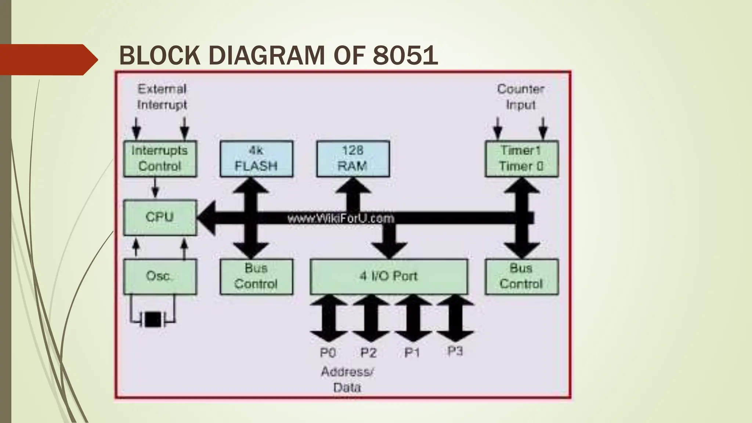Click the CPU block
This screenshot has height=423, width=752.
pyautogui.click(x=160, y=217)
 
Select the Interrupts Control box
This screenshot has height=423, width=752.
pyautogui.click(x=160, y=159)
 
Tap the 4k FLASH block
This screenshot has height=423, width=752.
pyautogui.click(x=256, y=159)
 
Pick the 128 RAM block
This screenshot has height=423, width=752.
pyautogui.click(x=353, y=159)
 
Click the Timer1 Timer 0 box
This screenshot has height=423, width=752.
pyautogui.click(x=521, y=159)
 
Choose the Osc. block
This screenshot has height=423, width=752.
pyautogui.click(x=160, y=276)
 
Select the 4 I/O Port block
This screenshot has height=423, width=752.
pyautogui.click(x=388, y=276)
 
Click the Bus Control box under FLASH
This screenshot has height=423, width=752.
pyautogui.click(x=256, y=276)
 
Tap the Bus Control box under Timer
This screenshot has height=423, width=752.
pyautogui.click(x=521, y=276)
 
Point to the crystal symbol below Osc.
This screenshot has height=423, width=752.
pyautogui.click(x=153, y=319)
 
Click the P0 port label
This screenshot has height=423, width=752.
pyautogui.click(x=328, y=353)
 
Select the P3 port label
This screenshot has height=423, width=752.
pyautogui.click(x=455, y=351)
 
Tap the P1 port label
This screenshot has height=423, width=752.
pyautogui.click(x=412, y=353)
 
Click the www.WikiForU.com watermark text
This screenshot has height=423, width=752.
pyautogui.click(x=340, y=219)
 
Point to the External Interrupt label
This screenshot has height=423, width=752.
pyautogui.click(x=162, y=97)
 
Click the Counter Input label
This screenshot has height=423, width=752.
pyautogui.click(x=520, y=97)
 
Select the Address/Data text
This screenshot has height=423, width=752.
pyautogui.click(x=347, y=379)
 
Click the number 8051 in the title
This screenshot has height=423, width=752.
pyautogui.click(x=405, y=56)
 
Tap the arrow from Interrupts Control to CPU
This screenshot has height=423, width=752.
pyautogui.click(x=155, y=188)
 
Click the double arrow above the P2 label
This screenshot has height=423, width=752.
pyautogui.click(x=370, y=318)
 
